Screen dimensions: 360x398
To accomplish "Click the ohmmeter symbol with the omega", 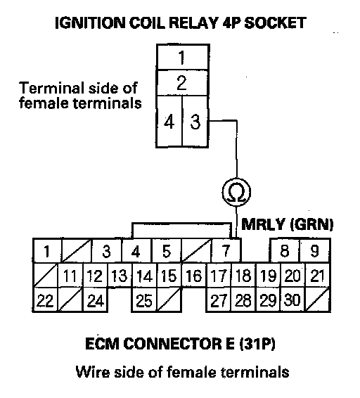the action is click(x=236, y=192).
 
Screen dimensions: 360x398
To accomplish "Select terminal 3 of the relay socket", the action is click(x=195, y=122).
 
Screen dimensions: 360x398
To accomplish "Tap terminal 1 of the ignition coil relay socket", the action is click(x=183, y=57).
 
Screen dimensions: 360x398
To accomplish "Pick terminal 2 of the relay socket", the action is click(x=183, y=83).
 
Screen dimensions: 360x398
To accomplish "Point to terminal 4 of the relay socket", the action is click(x=169, y=122).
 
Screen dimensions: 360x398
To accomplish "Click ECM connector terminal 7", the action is click(x=226, y=251).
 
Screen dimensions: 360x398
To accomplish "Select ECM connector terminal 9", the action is click(x=315, y=251).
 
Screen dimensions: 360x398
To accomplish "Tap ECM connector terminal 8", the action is click(x=285, y=251).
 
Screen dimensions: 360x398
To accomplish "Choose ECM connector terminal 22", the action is click(x=46, y=300).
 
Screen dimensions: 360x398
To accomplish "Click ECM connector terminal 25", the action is click(x=144, y=300).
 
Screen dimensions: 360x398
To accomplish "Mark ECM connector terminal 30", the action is click(x=292, y=300).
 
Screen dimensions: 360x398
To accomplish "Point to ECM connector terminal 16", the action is click(x=194, y=276).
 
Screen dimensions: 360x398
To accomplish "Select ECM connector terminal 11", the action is click(x=70, y=276).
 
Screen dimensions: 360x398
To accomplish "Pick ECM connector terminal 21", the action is click(x=317, y=276).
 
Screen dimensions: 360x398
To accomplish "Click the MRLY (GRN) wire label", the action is click(x=287, y=224).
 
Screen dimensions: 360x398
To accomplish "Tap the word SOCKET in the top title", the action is click(x=275, y=23).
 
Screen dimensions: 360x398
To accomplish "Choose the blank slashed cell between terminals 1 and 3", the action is click(x=77, y=251).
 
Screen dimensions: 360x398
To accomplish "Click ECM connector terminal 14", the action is click(x=144, y=276).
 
